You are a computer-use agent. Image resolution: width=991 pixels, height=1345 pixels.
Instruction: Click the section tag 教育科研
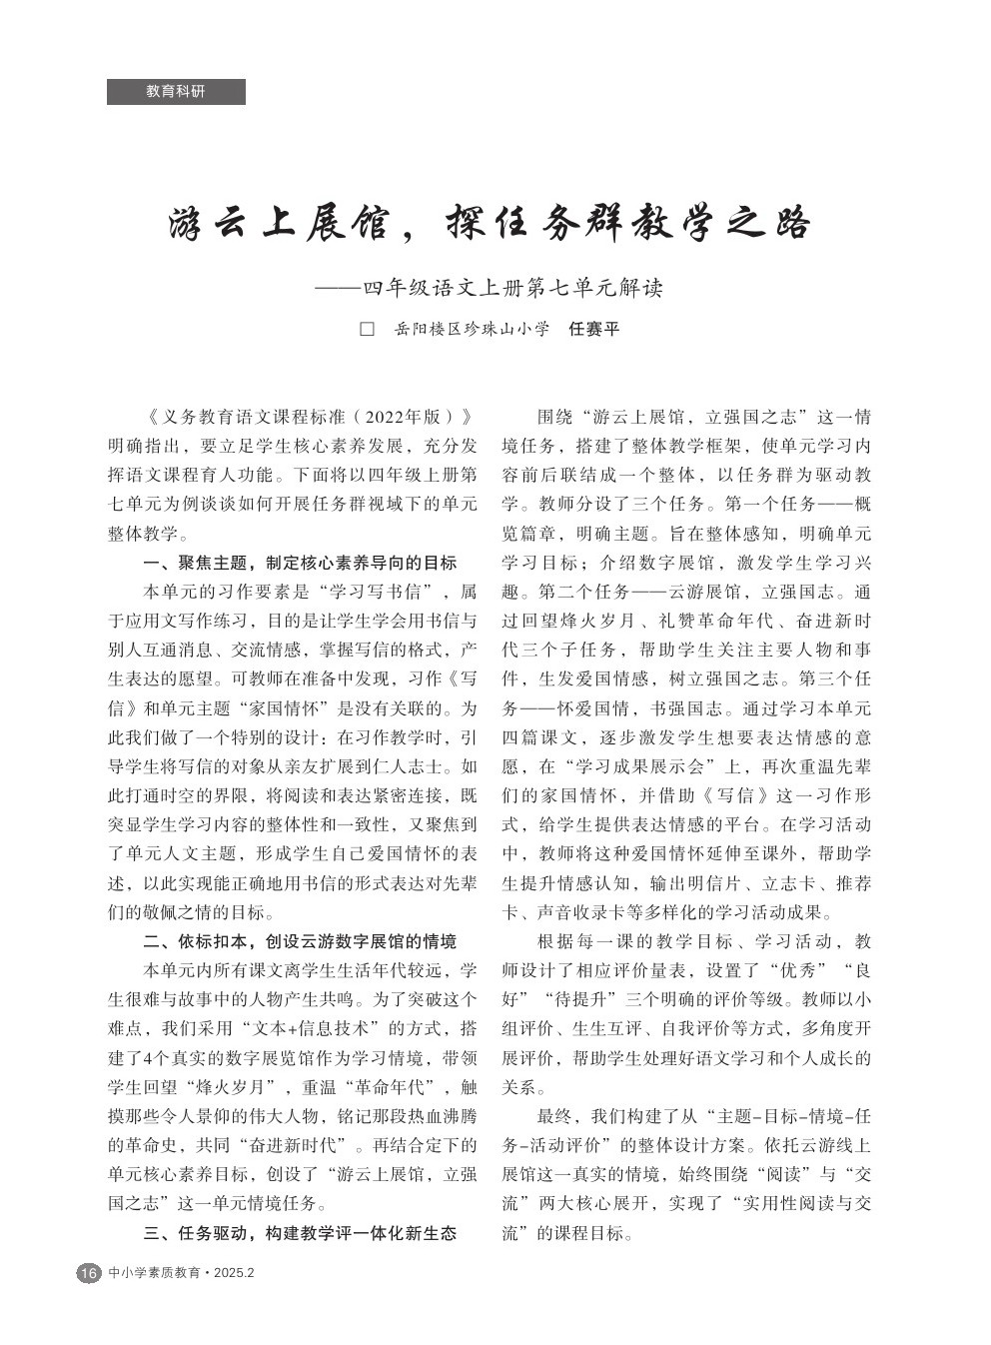(176, 92)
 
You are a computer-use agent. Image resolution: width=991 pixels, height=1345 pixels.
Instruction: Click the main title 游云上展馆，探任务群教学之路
(489, 223)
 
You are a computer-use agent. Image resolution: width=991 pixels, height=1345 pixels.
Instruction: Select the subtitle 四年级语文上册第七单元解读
(512, 290)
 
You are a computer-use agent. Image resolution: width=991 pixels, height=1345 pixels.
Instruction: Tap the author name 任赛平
(593, 329)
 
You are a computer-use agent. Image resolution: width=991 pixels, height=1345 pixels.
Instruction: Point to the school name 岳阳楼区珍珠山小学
(472, 329)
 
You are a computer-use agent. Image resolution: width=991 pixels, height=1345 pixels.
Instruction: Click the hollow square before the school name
(366, 329)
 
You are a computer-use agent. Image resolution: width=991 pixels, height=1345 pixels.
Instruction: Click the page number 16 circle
(88, 1273)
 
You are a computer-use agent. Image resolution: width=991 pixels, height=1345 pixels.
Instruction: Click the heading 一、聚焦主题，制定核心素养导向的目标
(300, 563)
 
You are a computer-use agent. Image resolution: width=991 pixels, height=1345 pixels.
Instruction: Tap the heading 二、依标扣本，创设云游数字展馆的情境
(300, 941)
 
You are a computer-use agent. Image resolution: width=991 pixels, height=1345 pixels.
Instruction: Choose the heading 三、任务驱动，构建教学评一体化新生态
(300, 1232)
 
